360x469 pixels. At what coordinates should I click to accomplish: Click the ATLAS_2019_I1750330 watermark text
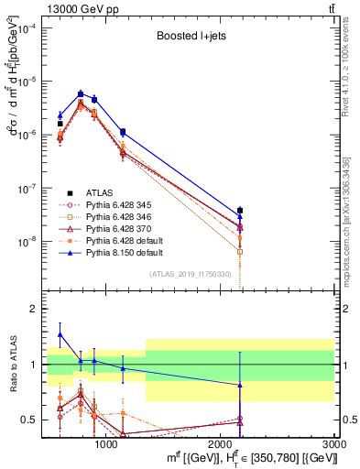point(189,274)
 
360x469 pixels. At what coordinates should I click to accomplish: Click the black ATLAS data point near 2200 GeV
point(240,211)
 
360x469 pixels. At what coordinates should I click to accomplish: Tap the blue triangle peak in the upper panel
point(81,93)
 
